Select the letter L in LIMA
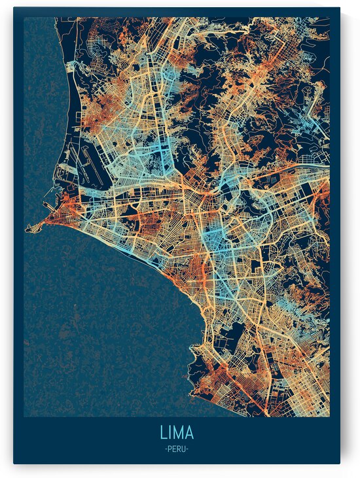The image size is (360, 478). (162, 433)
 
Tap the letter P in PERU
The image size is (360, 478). (169, 449)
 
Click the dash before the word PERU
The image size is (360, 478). (165, 449)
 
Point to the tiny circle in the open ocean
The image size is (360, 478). (75, 305)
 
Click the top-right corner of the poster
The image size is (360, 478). (340, 8)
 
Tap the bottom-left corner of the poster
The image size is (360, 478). (14, 463)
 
